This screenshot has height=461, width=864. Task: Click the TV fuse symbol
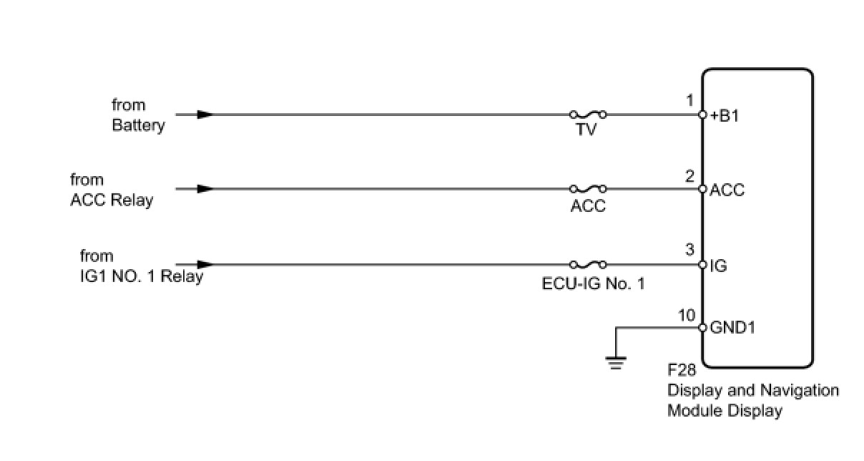tap(588, 114)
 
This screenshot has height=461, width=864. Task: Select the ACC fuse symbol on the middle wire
tap(588, 189)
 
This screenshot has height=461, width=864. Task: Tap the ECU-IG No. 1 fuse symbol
tap(588, 264)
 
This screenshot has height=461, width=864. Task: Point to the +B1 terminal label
tap(724, 115)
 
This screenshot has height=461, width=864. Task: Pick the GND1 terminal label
tap(732, 328)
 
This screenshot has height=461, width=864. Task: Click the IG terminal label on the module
tap(718, 266)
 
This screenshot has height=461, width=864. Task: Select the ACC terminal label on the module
tap(727, 190)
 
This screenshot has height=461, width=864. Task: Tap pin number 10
tap(686, 315)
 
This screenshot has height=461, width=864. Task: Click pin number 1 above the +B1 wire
tap(689, 101)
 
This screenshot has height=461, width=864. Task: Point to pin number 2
tap(689, 176)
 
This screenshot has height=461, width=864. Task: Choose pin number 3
tap(689, 251)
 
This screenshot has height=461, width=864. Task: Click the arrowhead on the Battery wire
tap(205, 114)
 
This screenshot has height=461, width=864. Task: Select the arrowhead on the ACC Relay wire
tap(205, 189)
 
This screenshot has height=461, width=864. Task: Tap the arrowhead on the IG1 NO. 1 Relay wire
tap(205, 264)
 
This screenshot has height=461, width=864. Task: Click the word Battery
tap(138, 125)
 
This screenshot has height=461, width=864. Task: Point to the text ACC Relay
tap(112, 200)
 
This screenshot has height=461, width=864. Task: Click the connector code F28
tap(682, 372)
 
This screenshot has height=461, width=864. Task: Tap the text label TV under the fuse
tap(586, 130)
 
